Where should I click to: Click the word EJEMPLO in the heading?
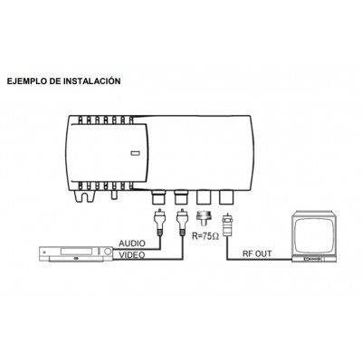click(26, 81)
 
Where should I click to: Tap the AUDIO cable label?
click(132, 243)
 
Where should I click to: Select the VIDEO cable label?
click(132, 255)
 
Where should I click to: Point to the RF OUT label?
click(257, 253)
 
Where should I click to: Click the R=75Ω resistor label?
click(205, 236)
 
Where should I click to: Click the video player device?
click(76, 254)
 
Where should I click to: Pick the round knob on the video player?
click(108, 252)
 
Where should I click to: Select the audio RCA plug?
click(159, 222)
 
